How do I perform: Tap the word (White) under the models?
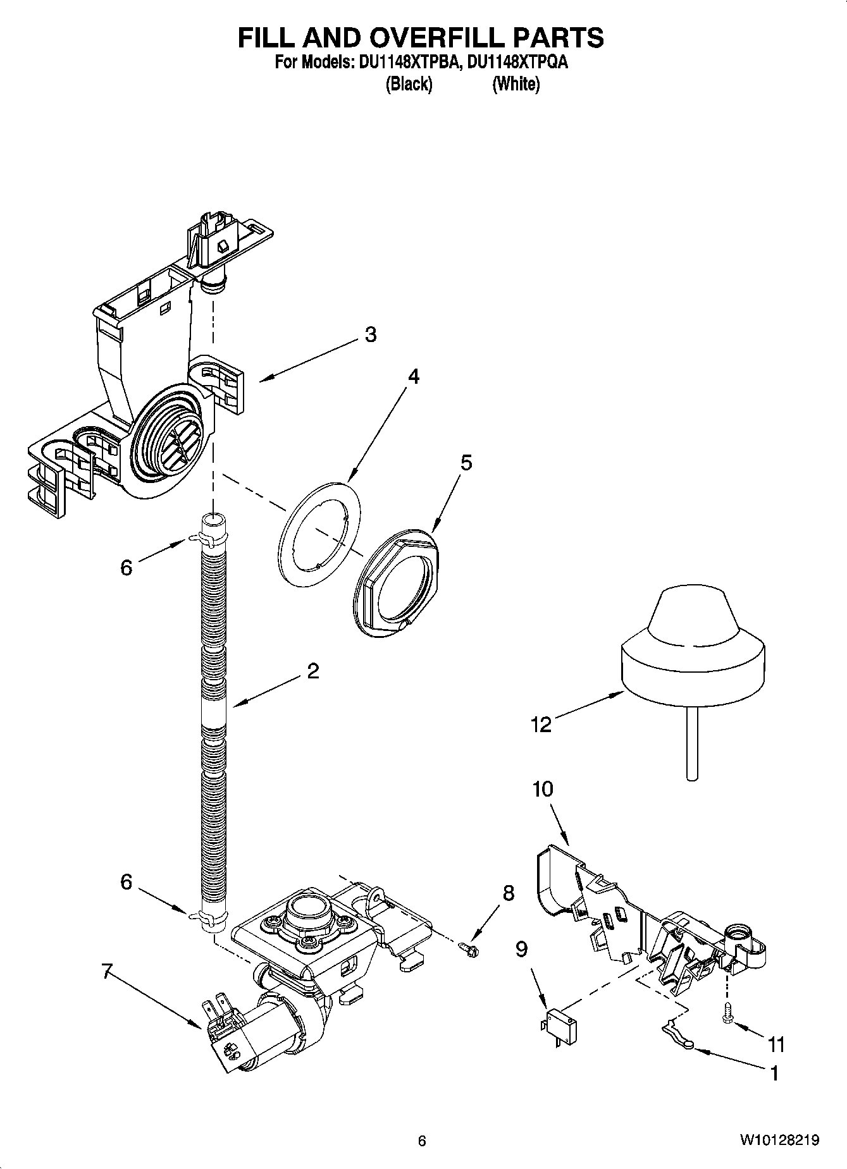[516, 84]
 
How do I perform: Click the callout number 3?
[370, 334]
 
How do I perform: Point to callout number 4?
[412, 377]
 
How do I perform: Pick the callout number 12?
[541, 725]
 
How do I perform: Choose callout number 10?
[542, 789]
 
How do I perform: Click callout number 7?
[109, 970]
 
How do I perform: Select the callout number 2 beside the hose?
[312, 671]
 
